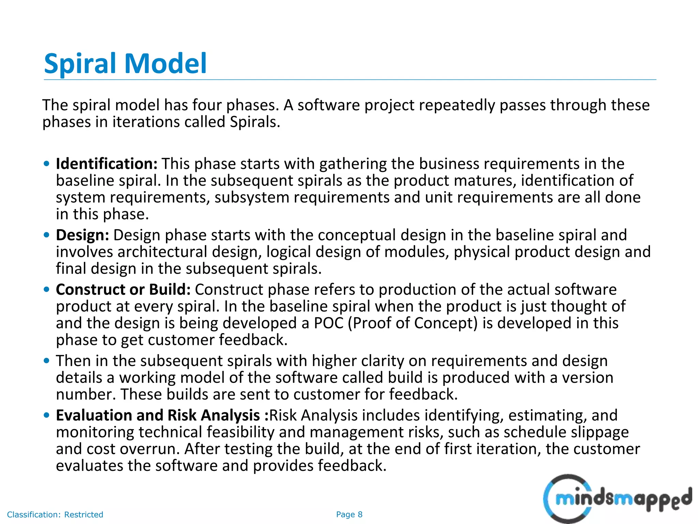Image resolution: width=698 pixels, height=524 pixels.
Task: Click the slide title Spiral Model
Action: point(125,63)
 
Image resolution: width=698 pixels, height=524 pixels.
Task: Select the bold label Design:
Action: point(82,235)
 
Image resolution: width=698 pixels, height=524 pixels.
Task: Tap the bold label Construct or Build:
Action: point(123,289)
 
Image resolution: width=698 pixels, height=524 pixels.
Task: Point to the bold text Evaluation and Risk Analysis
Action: point(158,415)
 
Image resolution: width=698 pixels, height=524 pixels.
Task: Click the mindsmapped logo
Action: point(617,499)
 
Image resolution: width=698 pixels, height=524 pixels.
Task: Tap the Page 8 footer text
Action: point(349,514)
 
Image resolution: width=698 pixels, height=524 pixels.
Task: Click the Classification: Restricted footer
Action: point(55,514)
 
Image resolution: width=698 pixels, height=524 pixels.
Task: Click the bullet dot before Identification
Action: point(47,164)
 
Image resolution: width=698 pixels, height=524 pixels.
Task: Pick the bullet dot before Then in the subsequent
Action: point(47,361)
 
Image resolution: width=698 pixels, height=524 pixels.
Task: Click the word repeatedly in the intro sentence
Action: point(457,105)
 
